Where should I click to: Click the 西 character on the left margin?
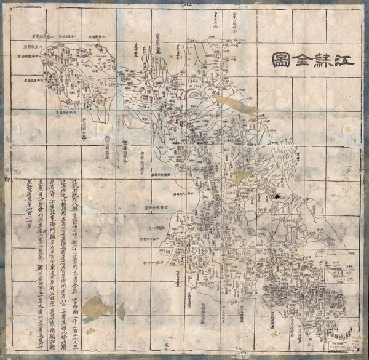6,178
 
